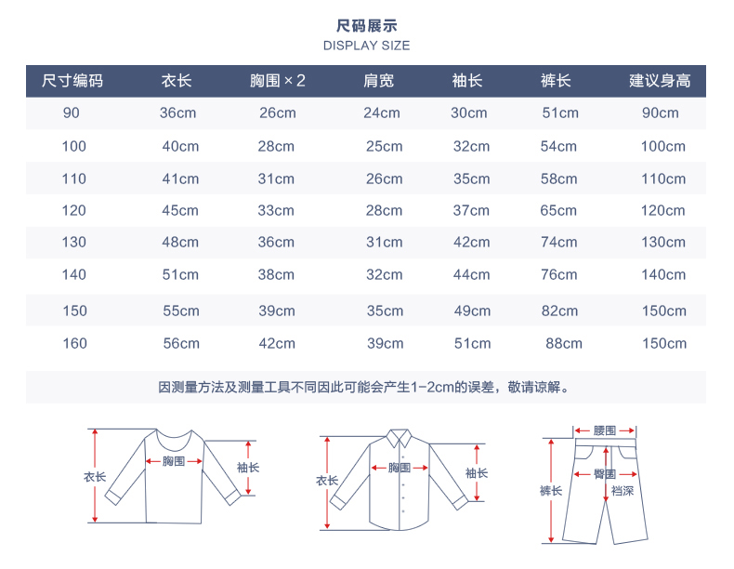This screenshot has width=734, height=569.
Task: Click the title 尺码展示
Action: click(x=366, y=26)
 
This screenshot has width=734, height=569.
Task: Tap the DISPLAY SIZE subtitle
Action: click(x=366, y=46)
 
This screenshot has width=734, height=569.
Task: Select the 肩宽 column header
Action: click(x=378, y=81)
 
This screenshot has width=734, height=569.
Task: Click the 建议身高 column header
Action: click(x=660, y=81)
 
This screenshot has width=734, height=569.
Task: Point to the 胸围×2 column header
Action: click(x=278, y=81)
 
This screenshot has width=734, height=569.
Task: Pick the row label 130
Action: click(x=74, y=242)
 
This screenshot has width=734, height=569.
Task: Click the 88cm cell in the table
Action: click(x=564, y=343)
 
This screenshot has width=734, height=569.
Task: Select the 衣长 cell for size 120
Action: click(x=180, y=210)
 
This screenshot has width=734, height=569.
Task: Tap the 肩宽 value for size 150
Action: click(x=384, y=311)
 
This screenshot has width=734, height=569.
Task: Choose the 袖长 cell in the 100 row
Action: click(x=471, y=146)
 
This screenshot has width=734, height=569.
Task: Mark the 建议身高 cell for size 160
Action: click(x=663, y=343)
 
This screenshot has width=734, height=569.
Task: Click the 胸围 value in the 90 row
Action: click(x=278, y=113)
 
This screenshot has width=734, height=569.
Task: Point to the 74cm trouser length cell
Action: click(x=558, y=242)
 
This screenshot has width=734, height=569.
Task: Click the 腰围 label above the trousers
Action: click(x=605, y=430)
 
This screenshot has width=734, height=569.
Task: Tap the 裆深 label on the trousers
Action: click(x=623, y=490)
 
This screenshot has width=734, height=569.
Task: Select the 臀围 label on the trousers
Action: click(x=605, y=473)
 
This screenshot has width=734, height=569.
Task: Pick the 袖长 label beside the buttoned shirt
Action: click(x=477, y=472)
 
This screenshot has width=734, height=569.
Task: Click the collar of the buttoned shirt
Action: click(x=400, y=437)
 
